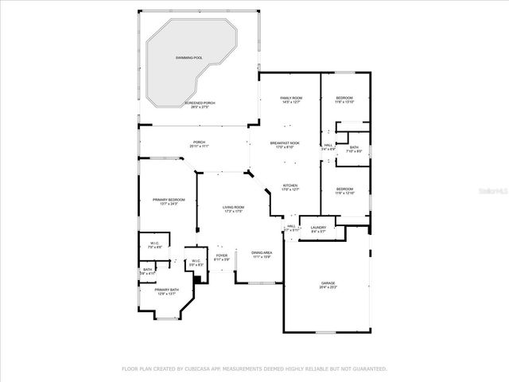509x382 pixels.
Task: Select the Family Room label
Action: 290,98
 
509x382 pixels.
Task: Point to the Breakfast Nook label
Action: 289,143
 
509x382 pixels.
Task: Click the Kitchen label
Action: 290,185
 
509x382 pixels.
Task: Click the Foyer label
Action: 222,255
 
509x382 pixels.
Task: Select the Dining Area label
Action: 262,252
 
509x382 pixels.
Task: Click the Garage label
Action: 328,283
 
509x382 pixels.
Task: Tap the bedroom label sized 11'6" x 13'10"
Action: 344,98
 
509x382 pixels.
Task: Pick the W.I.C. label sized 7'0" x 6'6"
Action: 155,244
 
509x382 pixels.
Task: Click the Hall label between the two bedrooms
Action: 328,145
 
